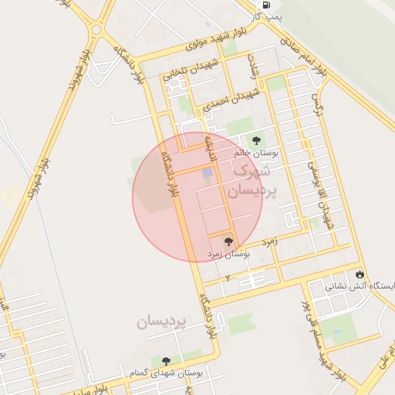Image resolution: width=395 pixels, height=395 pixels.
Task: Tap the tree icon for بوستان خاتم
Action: click(x=256, y=140)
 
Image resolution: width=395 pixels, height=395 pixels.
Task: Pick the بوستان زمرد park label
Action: click(x=229, y=253)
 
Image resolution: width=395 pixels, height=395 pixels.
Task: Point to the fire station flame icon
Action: click(x=360, y=274)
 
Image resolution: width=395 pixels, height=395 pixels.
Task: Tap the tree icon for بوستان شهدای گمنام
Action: click(x=165, y=360)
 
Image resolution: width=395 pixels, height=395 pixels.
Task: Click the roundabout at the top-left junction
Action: click(x=96, y=30)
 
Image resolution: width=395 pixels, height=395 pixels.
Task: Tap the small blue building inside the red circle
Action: click(x=206, y=173)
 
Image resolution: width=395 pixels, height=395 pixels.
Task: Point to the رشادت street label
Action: click(x=253, y=65)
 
